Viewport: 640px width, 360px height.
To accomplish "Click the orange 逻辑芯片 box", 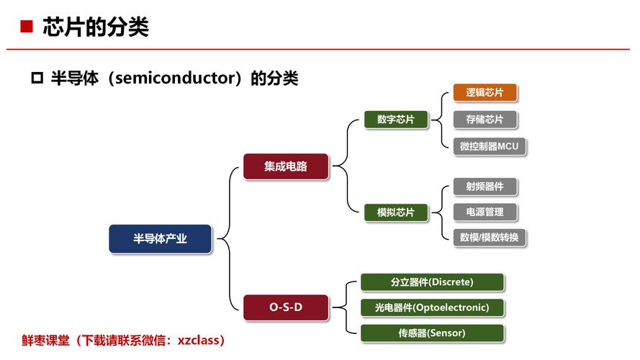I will point(484,93).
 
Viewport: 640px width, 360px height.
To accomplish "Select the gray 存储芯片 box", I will point(484,120).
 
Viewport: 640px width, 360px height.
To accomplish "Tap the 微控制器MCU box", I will point(490,146).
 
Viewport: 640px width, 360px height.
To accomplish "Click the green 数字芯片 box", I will point(395,120).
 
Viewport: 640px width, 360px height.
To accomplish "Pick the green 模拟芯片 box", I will point(395,212).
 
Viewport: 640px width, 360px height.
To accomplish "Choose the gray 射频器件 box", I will point(484,186).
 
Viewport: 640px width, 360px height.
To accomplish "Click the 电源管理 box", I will point(484,212).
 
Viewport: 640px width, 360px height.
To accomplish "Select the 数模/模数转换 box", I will point(490,238).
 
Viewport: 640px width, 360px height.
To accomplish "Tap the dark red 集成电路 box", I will point(285,166).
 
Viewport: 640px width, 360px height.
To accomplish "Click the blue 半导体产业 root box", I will point(161,239).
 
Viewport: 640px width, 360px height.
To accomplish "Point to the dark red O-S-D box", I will point(285,307).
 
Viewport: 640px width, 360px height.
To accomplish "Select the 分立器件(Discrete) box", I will point(432,282).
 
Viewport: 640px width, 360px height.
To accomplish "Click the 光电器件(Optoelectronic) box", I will point(432,307).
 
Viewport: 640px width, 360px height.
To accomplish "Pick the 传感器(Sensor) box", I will point(432,333).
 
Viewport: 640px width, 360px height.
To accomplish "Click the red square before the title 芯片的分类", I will point(27,27).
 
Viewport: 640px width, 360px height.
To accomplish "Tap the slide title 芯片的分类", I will point(95,27).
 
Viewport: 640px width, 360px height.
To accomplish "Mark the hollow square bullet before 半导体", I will point(37,78).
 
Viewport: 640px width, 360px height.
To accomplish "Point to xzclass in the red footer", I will point(207,340).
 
